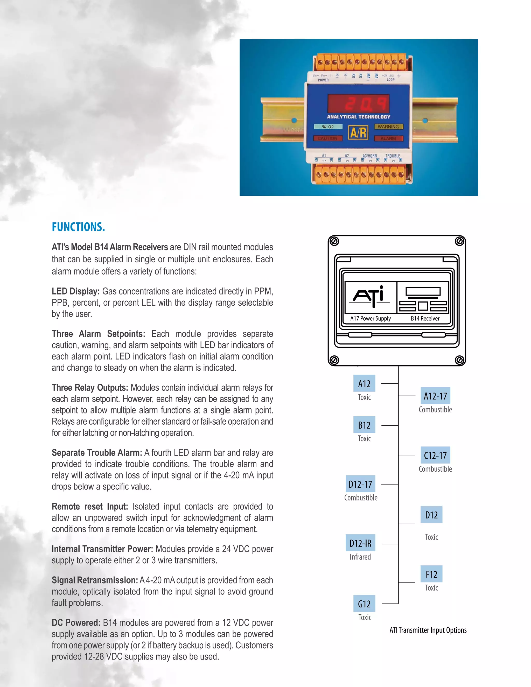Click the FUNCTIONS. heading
[78, 227]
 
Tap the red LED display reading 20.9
[358, 103]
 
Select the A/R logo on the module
[358, 133]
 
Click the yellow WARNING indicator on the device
[388, 127]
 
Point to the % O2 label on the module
[327, 127]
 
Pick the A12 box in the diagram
[364, 384]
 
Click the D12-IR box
[360, 543]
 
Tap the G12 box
[364, 604]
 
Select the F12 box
[431, 574]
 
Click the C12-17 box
[435, 455]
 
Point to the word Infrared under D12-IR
[360, 557]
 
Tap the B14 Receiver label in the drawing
[425, 318]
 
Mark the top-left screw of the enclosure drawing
[334, 242]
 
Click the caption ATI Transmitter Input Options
[428, 630]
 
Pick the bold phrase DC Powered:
[76, 622]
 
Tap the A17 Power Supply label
[371, 318]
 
